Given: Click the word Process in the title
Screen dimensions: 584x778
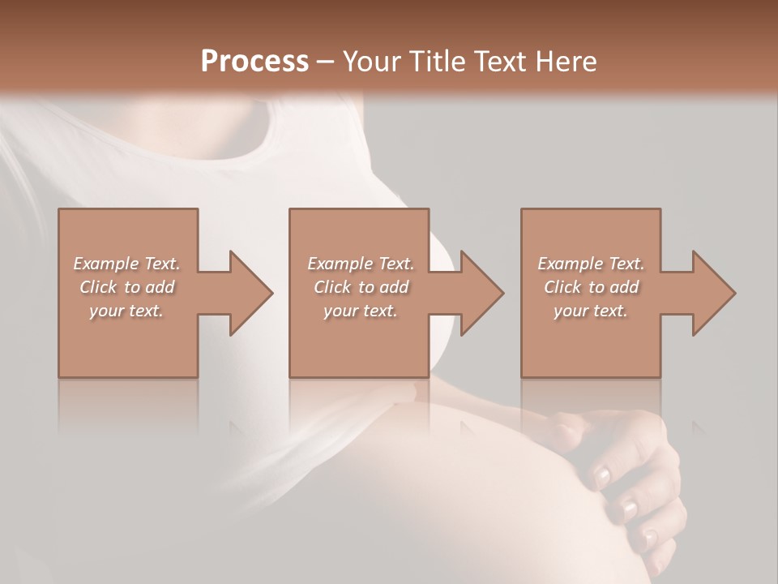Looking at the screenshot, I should point(254,62).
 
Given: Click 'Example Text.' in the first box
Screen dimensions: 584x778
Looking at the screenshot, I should point(127,264).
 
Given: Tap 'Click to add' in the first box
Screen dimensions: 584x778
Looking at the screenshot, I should point(127,287).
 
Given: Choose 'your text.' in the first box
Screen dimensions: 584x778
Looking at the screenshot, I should point(127,311).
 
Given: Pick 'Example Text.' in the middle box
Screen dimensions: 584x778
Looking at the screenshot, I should point(361,264).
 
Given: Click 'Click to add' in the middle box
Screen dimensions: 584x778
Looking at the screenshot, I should point(361,287).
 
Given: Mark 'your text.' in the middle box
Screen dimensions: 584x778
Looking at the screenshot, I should point(361,311).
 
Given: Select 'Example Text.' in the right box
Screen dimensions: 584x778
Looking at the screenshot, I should point(591,264).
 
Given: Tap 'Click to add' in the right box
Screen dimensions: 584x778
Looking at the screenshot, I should point(591,287).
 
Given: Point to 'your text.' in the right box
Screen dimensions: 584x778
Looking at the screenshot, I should point(591,311).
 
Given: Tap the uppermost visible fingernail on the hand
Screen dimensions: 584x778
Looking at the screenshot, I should point(601,476).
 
